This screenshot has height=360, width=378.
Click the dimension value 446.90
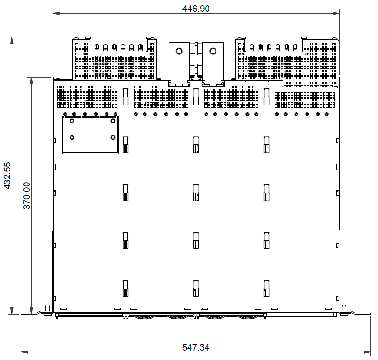click(196, 9)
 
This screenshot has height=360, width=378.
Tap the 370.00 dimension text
click(27, 195)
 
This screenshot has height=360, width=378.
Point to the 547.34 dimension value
click(196, 347)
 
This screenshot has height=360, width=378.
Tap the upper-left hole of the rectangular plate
click(72, 121)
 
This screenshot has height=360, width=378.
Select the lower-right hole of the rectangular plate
click(112, 137)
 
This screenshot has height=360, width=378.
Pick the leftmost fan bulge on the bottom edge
click(144, 317)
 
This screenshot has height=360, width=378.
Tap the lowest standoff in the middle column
click(196, 288)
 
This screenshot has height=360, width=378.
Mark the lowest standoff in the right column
click(266, 288)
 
